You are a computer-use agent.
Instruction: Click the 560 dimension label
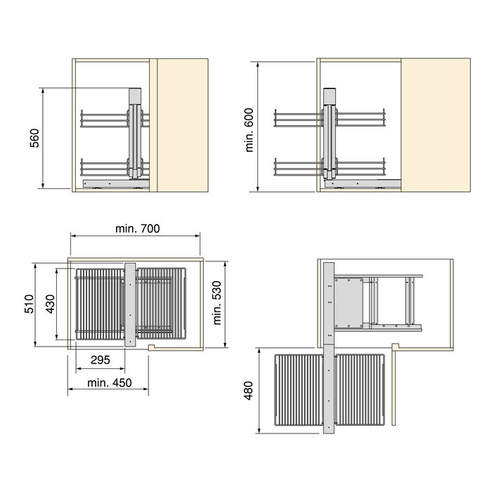click(34, 138)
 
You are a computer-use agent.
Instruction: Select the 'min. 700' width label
click(136, 228)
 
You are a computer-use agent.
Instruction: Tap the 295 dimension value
click(100, 360)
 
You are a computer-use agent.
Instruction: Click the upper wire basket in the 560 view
click(105, 119)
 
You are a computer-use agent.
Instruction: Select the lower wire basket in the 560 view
click(105, 167)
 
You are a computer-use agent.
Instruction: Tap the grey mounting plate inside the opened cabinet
click(348, 302)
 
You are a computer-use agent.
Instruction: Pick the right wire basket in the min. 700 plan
click(162, 304)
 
